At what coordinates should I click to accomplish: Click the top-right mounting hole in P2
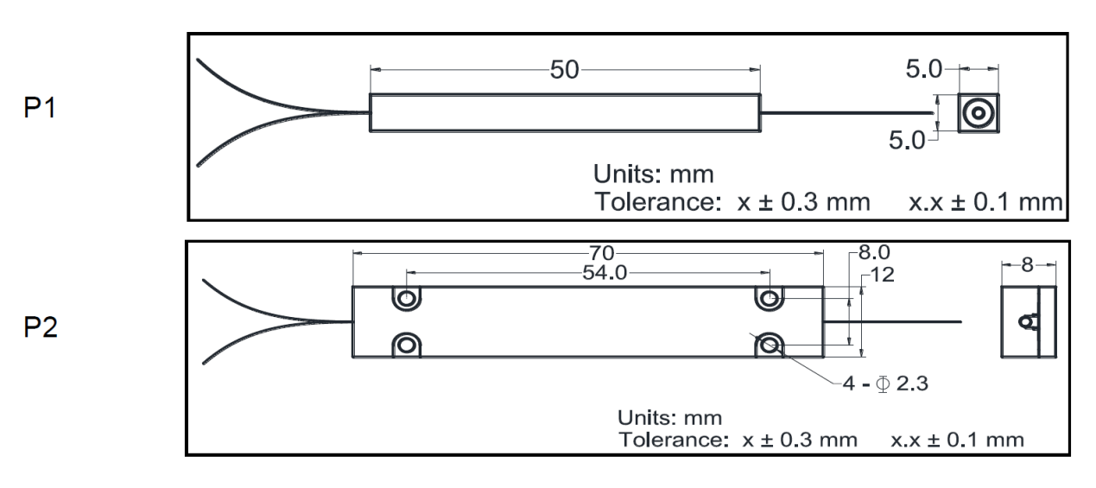770,299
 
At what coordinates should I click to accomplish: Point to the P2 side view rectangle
1028,322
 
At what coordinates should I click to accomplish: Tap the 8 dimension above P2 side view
1027,265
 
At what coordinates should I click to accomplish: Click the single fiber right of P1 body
846,111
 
